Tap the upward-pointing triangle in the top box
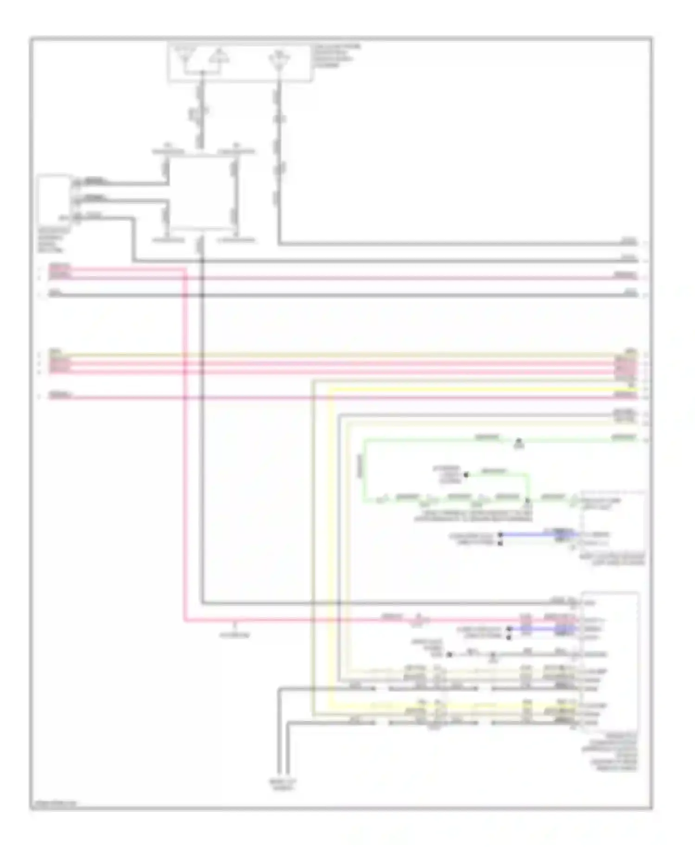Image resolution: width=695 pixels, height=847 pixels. click(218, 57)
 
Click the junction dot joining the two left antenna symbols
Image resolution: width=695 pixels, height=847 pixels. click(202, 73)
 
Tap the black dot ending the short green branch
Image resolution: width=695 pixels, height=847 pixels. click(466, 474)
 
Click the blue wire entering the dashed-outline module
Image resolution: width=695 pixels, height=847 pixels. click(537, 534)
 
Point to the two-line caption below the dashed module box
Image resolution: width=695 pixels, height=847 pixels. click(612, 559)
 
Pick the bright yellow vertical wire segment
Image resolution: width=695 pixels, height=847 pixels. click(330, 547)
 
